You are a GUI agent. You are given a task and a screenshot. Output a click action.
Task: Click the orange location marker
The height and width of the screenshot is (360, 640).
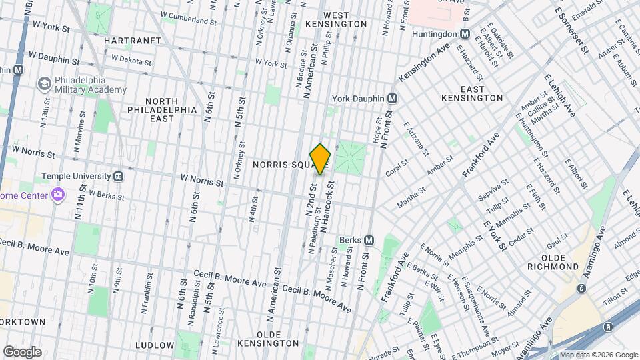pyautogui.click(x=321, y=159)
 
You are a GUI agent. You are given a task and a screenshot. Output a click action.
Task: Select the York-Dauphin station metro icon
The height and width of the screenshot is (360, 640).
pyautogui.click(x=393, y=99)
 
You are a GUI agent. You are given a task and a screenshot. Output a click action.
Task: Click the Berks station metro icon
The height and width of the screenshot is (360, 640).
pyautogui.click(x=369, y=240)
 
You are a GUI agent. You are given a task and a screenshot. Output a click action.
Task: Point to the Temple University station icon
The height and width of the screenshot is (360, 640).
pyautogui.click(x=118, y=176)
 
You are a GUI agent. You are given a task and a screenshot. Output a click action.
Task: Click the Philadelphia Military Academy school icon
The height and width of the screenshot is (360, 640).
pyautogui.click(x=45, y=84)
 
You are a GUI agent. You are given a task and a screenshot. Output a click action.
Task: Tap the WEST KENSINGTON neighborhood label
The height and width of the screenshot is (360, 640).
pyautogui.click(x=345, y=19)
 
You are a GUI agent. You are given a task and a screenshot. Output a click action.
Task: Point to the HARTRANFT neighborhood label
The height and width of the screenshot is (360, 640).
pyautogui.click(x=133, y=41)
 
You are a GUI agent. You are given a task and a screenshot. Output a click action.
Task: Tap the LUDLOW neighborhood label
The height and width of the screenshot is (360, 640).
pyautogui.click(x=155, y=345)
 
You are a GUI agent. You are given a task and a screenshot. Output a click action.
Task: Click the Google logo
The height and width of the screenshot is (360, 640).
pyautogui.click(x=23, y=351)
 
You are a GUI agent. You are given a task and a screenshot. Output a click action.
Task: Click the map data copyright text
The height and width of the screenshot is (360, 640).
pyautogui.click(x=598, y=355)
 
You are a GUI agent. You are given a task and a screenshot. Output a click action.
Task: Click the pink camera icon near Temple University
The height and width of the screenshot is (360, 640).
pyautogui.click(x=58, y=194)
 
